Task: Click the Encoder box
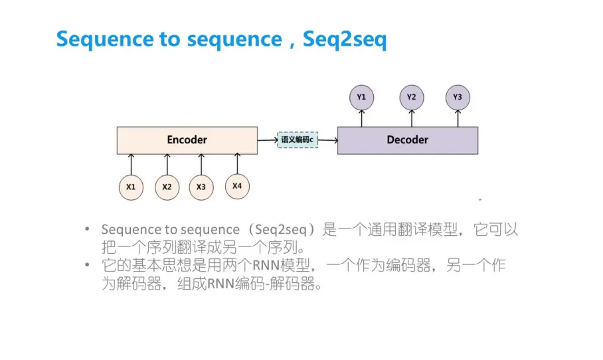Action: click(x=187, y=140)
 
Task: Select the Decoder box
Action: click(x=407, y=140)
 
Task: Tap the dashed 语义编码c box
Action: click(x=297, y=140)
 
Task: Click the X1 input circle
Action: click(x=131, y=187)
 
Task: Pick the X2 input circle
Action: click(x=167, y=187)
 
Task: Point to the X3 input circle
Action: click(x=201, y=187)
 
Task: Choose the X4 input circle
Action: click(x=237, y=186)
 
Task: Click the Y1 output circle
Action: click(x=361, y=97)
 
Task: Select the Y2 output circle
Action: click(x=412, y=97)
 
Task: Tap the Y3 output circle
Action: click(x=458, y=97)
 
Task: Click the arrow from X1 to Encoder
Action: click(x=131, y=164)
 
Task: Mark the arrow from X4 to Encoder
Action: click(x=237, y=163)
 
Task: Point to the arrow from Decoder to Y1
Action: click(x=361, y=118)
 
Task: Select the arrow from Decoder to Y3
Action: click(x=458, y=118)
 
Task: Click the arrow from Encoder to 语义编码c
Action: click(x=267, y=140)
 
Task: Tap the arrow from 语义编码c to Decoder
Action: click(x=327, y=140)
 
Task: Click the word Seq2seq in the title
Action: click(x=345, y=39)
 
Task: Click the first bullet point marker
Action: click(x=87, y=229)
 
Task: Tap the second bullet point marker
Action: click(x=87, y=265)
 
